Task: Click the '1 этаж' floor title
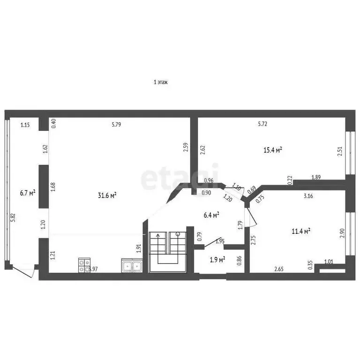coord(161,82)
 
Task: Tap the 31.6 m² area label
coord(107,195)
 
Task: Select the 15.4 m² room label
coord(272,150)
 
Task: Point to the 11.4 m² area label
coord(300,231)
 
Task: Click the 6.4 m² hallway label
coord(211,215)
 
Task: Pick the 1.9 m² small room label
coord(216,259)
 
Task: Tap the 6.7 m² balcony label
coord(28,192)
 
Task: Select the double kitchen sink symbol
coord(132,266)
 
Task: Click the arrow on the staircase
coord(158,237)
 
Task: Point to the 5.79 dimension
coord(116,124)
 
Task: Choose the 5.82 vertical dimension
coord(13,218)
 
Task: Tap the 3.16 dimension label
coord(308,196)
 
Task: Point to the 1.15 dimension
coord(25,124)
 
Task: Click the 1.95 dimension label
coord(220,241)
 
